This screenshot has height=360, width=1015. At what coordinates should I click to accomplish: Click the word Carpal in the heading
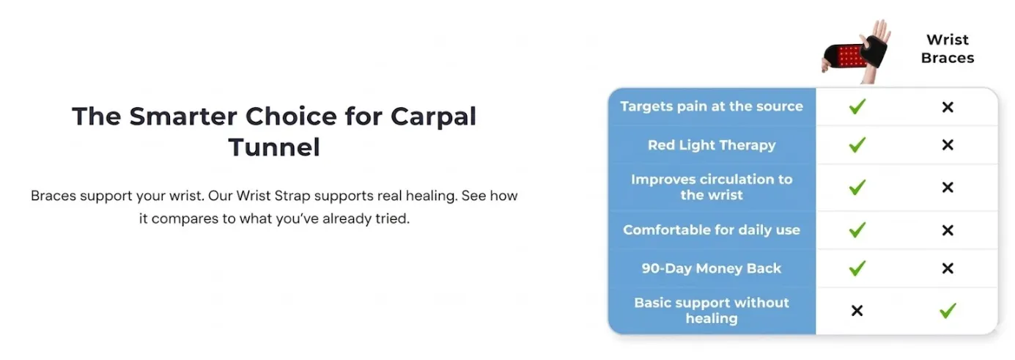pyautogui.click(x=433, y=117)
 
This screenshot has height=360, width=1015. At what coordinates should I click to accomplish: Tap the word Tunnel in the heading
pyautogui.click(x=274, y=147)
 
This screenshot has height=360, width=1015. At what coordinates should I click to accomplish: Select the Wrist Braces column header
pyautogui.click(x=948, y=48)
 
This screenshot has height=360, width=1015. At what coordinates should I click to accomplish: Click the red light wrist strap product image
pyautogui.click(x=855, y=51)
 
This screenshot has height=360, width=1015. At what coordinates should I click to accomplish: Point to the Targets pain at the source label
pyautogui.click(x=712, y=106)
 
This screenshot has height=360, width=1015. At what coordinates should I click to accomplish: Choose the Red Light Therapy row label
pyautogui.click(x=712, y=145)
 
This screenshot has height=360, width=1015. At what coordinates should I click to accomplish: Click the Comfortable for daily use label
pyautogui.click(x=712, y=230)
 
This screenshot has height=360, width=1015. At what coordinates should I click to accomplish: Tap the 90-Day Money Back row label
pyautogui.click(x=712, y=268)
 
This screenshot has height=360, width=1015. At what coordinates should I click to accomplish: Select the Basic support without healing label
pyautogui.click(x=712, y=311)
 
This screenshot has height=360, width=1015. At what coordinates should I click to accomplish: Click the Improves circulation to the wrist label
pyautogui.click(x=712, y=187)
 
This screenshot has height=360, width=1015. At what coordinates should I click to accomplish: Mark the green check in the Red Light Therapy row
pyautogui.click(x=857, y=145)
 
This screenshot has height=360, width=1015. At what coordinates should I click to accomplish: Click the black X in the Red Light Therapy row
pyautogui.click(x=948, y=145)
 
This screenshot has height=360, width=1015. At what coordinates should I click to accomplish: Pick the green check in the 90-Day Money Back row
pyautogui.click(x=857, y=268)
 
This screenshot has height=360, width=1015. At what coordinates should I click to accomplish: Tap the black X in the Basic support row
pyautogui.click(x=857, y=311)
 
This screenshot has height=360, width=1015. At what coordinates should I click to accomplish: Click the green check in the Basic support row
pyautogui.click(x=948, y=311)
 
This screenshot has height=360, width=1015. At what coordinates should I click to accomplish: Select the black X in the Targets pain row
pyautogui.click(x=948, y=107)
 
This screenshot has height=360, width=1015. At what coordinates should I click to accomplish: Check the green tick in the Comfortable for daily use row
pyautogui.click(x=857, y=229)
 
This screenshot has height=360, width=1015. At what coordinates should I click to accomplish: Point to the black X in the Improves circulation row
pyautogui.click(x=948, y=187)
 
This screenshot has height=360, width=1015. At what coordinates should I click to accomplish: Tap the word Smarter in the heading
pyautogui.click(x=183, y=117)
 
